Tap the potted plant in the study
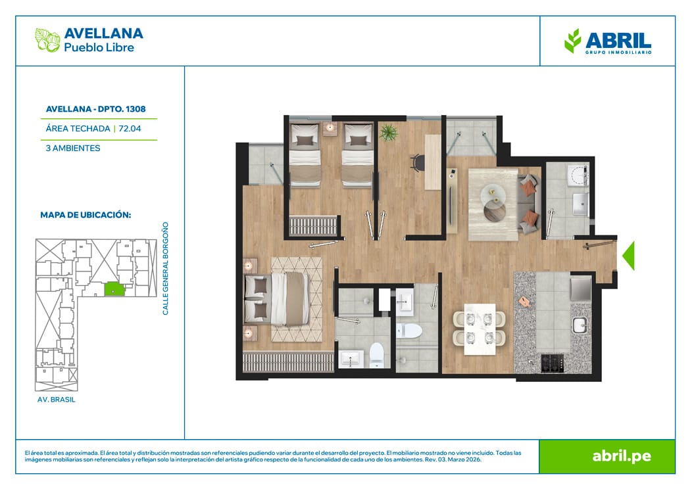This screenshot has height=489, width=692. point(388,132)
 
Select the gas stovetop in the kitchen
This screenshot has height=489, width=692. point(552,363)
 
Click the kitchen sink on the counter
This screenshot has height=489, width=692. point(580,325)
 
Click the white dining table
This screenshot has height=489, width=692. point(480,329)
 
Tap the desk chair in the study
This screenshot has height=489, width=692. point(416,162)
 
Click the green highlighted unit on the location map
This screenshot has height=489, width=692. point(114,289)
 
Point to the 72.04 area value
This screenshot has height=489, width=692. point(130,129)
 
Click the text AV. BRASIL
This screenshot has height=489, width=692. point(57,400)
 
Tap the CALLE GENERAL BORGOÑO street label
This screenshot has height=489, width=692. point(166,269)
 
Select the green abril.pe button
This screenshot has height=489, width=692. point(607,456)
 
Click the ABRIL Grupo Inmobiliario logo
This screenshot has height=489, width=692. point(608,41)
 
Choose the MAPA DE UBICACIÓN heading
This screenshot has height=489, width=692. point(86,215)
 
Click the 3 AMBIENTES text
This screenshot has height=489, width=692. point(73,148)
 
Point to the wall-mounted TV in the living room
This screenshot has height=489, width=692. point(451,202)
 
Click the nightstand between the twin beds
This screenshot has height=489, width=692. point(330,128)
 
